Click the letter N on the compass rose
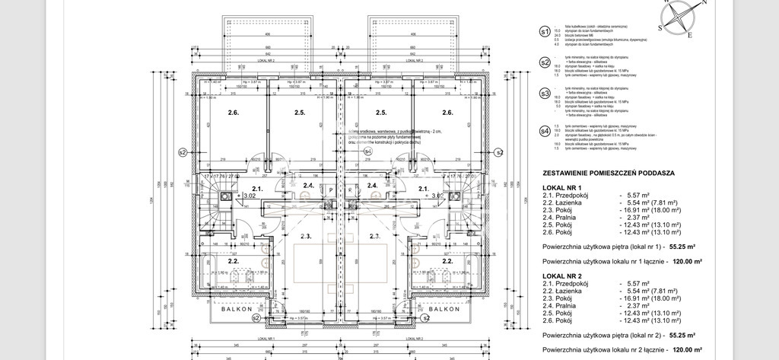(704, 3)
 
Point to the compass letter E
(689, 35)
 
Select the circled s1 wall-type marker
(544, 33)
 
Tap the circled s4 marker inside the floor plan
(367, 152)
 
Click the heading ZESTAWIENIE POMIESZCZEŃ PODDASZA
(606, 174)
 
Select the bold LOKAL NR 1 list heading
(561, 187)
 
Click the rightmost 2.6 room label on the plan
(447, 113)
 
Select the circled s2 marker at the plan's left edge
(182, 152)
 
